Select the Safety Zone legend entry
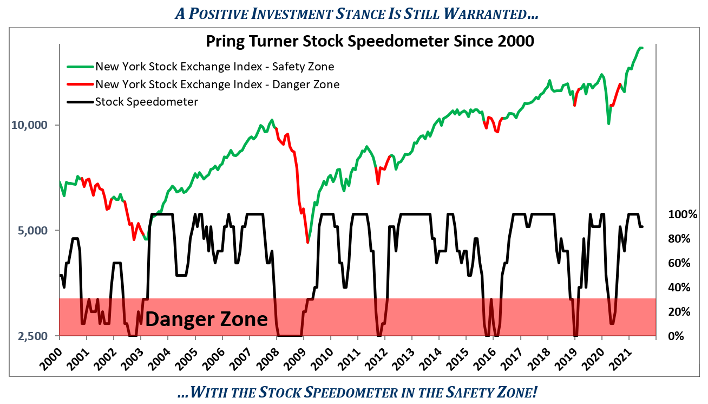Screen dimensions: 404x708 point(214,67)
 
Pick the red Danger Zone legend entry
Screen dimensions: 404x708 point(217,84)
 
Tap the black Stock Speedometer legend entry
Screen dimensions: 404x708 point(146,101)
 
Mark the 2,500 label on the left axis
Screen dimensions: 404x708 point(32,336)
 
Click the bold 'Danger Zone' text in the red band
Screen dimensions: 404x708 point(206,319)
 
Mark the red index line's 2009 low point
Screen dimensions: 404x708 point(307,242)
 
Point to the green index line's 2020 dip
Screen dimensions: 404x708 point(609,123)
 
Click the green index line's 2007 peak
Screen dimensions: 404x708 point(272,120)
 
